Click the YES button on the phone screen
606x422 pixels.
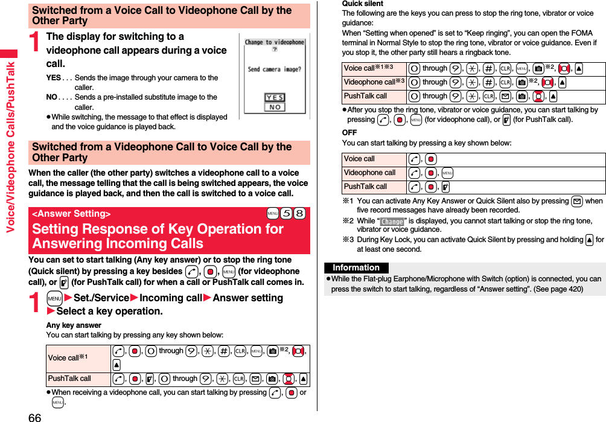(275, 97)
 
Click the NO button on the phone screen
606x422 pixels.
(275, 107)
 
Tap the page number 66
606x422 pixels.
(34, 416)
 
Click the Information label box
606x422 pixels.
(356, 267)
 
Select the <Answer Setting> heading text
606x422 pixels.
(71, 214)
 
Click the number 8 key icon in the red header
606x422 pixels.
(299, 214)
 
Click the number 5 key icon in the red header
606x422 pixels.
(287, 214)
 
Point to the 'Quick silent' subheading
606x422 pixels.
(362, 4)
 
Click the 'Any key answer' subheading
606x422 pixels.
(74, 325)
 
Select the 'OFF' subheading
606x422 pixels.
(349, 132)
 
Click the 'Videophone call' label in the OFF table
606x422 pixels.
(369, 173)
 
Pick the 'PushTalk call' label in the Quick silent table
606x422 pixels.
(365, 96)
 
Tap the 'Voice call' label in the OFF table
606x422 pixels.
(359, 159)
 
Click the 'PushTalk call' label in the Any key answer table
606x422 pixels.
(69, 379)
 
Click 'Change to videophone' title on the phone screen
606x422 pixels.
(274, 42)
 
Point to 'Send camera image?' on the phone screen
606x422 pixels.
(274, 69)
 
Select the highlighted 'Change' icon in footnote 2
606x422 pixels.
(392, 222)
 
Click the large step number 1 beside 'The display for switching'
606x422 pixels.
(36, 42)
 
